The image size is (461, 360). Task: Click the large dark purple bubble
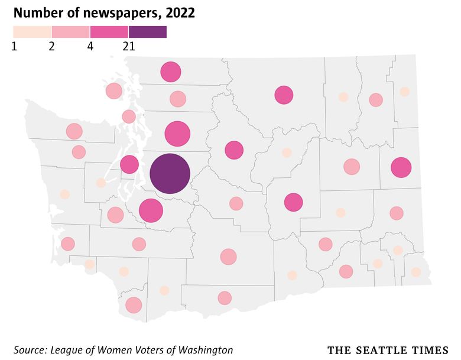pyautogui.click(x=170, y=174)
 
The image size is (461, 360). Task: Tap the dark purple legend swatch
pyautogui.click(x=147, y=31)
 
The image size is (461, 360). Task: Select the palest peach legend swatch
pyautogui.click(x=32, y=31)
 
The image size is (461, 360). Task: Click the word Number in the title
pyautogui.click(x=35, y=12)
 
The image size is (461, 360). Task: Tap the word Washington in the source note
pyautogui.click(x=207, y=349)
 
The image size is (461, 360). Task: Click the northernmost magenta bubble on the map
pyautogui.click(x=171, y=72)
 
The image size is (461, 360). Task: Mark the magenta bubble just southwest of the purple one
pyautogui.click(x=151, y=210)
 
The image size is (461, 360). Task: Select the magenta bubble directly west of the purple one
pyautogui.click(x=129, y=164)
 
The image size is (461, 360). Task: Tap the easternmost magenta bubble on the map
pyautogui.click(x=401, y=168)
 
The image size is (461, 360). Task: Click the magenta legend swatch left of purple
pyautogui.click(x=109, y=31)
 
